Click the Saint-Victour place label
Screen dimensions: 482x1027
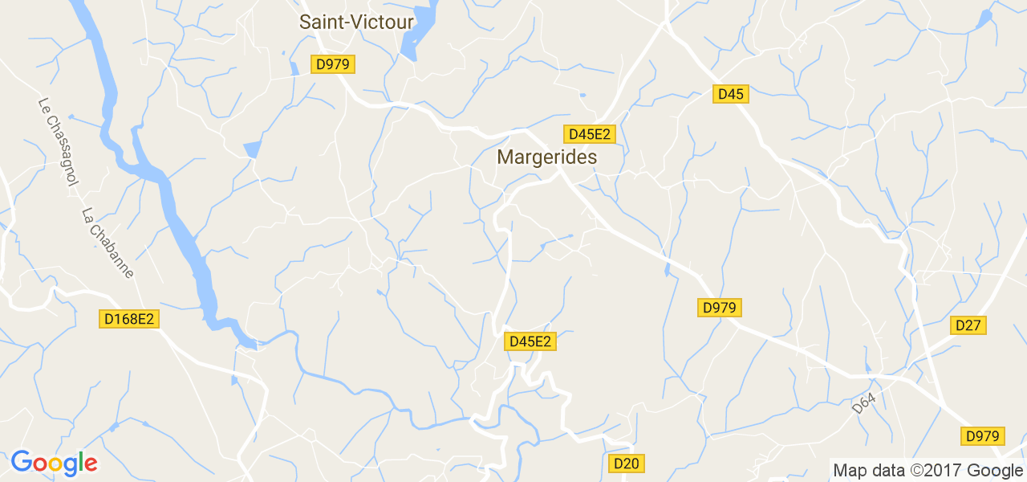(356, 22)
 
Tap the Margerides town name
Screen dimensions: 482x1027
(547, 157)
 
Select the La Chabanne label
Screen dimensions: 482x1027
(108, 243)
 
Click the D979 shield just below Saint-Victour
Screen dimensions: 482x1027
(333, 64)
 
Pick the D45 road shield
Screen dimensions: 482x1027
(731, 94)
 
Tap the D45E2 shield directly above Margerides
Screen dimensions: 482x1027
(590, 134)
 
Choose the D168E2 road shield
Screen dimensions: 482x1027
(131, 319)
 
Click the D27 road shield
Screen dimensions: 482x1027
(968, 325)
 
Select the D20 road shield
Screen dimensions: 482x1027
(627, 464)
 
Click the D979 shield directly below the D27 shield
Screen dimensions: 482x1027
(983, 436)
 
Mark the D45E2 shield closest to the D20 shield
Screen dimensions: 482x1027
(530, 341)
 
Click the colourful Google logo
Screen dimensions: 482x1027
(54, 463)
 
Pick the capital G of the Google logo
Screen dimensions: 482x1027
(22, 462)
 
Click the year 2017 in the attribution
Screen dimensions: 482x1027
(939, 470)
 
